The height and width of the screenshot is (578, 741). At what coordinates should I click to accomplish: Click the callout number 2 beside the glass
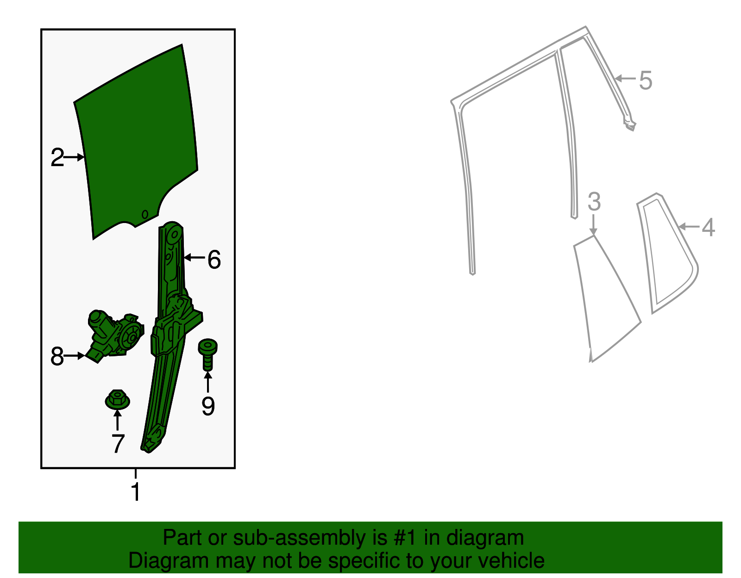[x=57, y=157]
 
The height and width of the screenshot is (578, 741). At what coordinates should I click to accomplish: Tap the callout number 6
[x=214, y=260]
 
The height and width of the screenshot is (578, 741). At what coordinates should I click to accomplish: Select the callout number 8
[x=57, y=356]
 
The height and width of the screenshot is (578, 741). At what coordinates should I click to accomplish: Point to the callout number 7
[x=118, y=443]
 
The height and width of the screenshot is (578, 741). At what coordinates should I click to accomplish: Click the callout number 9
[x=208, y=406]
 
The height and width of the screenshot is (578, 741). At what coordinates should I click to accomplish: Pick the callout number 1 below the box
[x=136, y=491]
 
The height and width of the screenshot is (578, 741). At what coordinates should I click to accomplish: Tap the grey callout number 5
[x=646, y=81]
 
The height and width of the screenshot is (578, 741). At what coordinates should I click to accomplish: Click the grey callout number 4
[x=708, y=227]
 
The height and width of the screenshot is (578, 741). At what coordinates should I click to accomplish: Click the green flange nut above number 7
[x=117, y=399]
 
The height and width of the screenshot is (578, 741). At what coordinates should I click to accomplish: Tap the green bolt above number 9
[x=207, y=354]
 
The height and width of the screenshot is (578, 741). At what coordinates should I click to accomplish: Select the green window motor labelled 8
[x=114, y=336]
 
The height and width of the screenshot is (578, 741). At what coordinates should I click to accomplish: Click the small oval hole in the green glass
[x=145, y=214]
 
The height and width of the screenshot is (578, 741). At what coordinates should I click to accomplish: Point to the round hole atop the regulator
[x=175, y=234]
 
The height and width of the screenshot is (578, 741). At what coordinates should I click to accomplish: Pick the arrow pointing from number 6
[x=195, y=257]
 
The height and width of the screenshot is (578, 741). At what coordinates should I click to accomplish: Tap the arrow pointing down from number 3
[x=594, y=224]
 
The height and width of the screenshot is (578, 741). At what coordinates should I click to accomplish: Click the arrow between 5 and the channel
[x=625, y=78]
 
